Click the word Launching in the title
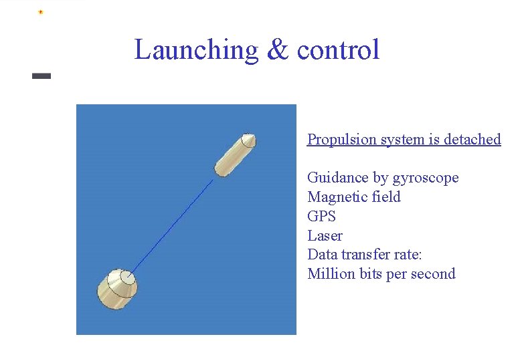coord(196,50)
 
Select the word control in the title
coord(338,50)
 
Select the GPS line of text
coord(321,217)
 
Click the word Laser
coord(325,236)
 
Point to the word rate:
coord(408,255)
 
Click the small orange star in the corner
coord(40,12)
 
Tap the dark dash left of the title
coord(41,76)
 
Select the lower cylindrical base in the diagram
coord(118,289)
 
